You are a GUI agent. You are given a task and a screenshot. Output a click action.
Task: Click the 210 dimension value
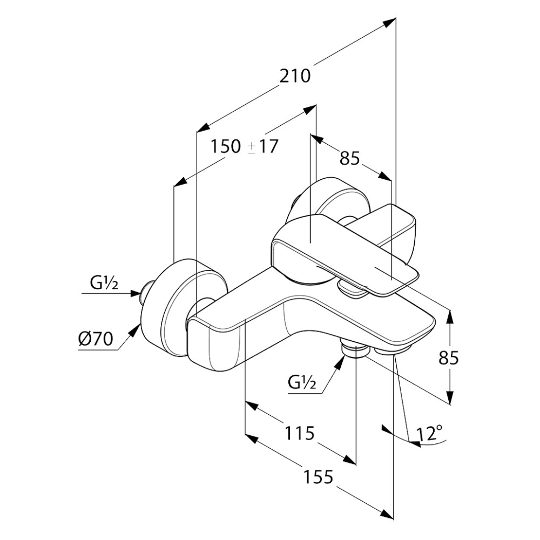pyautogui.click(x=294, y=76)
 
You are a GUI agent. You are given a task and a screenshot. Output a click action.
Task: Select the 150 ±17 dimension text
pyautogui.click(x=244, y=146)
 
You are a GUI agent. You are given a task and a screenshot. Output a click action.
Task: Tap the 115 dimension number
pyautogui.click(x=299, y=433)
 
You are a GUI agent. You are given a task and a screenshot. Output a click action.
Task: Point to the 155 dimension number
pyautogui.click(x=318, y=477)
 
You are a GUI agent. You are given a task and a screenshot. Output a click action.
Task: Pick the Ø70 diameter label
pyautogui.click(x=96, y=339)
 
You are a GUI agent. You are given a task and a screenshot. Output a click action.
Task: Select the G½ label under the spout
pyautogui.click(x=302, y=382)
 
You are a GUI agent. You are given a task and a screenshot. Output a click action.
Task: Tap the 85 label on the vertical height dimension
pyautogui.click(x=448, y=358)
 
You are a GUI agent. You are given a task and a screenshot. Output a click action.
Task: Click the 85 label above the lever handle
pyautogui.click(x=349, y=158)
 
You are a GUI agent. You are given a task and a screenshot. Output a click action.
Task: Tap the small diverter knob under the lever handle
pyautogui.click(x=352, y=289)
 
